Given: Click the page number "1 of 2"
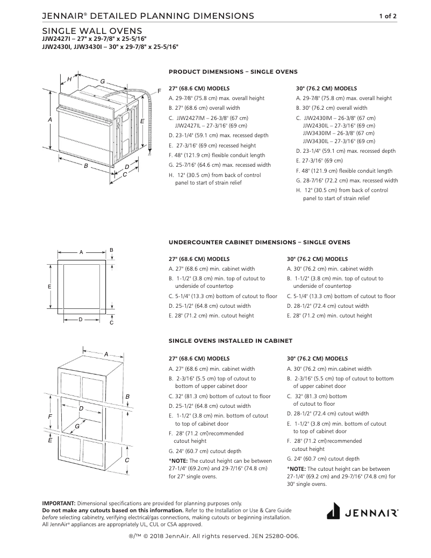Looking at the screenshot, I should point(387,16).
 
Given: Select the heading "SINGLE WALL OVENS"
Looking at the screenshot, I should point(92,31).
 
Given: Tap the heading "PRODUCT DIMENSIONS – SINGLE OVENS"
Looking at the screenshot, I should point(233,72).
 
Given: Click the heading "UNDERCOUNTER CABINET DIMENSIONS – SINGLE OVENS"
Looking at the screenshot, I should point(259,242).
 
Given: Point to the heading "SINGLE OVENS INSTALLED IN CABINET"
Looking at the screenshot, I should point(231,341).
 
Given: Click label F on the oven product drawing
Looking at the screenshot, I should point(160,90).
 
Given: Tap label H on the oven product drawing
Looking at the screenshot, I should point(69,79).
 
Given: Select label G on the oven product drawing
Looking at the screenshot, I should point(102,81).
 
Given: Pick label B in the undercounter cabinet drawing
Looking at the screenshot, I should point(111,250).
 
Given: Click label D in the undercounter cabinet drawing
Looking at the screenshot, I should point(80,320).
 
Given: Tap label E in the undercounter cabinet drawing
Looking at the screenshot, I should point(49,287).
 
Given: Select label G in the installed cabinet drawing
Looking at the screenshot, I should point(77,426).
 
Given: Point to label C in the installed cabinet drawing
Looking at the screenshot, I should point(127,460).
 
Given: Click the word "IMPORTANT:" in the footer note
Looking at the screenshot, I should point(59,503).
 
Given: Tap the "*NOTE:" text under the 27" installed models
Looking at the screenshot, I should point(178,461).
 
